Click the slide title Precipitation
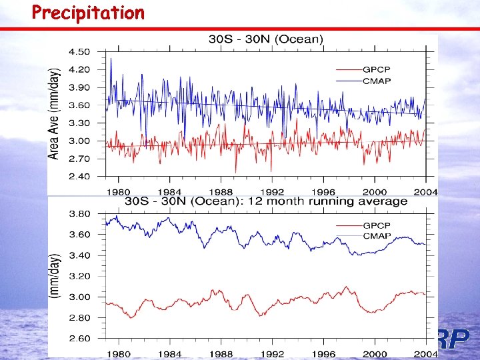coord(87,13)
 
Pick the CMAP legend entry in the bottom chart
coord(378,237)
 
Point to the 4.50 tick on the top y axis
coord(81,52)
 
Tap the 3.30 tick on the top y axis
coord(81,123)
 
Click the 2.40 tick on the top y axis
coord(81,177)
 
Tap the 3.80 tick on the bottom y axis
coord(81,214)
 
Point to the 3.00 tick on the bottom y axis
coord(81,297)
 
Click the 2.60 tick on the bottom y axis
coord(81,339)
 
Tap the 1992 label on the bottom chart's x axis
coord(272,353)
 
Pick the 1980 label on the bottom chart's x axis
coord(120,353)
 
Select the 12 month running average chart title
coord(267,201)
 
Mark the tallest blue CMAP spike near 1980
coord(111,59)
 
